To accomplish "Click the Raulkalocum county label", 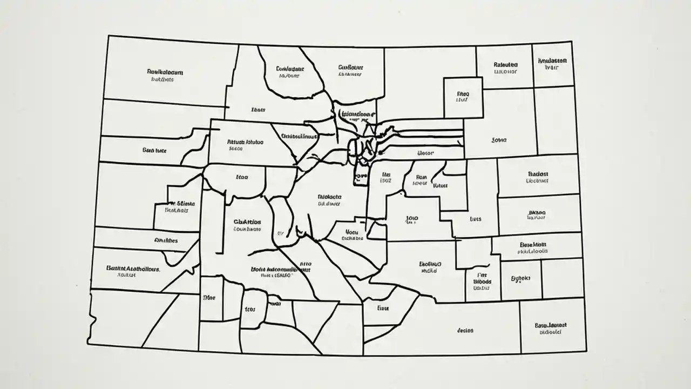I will coord(165,71).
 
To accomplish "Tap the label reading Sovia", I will coord(499,140).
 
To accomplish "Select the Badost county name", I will coord(538,174).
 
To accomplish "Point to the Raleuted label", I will coord(506,64).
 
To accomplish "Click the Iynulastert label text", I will coord(552,62).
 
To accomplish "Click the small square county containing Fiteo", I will coord(463,97).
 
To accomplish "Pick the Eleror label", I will coord(426,153).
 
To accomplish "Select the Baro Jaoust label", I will coord(551,325).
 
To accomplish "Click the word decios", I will coord(465,330).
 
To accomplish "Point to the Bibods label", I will coord(482,281).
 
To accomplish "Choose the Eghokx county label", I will coord(521,279).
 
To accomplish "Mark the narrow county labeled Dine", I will coord(209,298).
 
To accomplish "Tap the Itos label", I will coord(250,310).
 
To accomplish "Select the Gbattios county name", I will coord(247,222).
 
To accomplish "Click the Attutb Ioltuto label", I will coord(246,143).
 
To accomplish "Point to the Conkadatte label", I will coord(290,69).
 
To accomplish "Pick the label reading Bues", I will coord(475,219).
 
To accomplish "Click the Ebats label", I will coord(259,110).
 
